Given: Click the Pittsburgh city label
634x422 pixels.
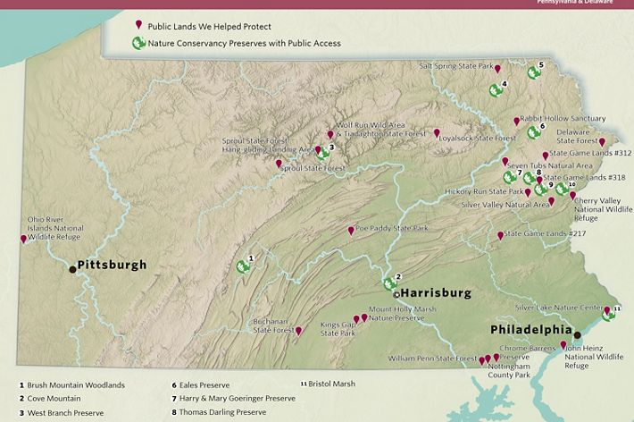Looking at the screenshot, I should [112, 265].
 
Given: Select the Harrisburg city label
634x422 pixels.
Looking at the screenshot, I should [435, 292].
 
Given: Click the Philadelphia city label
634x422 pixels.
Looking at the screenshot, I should [530, 329].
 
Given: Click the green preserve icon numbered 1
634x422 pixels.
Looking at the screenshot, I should [242, 266].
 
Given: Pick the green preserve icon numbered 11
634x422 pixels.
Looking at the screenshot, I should [607, 313].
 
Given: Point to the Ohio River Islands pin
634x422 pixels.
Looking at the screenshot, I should [23, 239].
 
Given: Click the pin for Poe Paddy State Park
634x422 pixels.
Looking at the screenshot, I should [351, 230].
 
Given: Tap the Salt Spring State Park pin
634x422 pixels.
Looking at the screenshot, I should [497, 68].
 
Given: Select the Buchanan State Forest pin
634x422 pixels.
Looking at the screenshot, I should [298, 331].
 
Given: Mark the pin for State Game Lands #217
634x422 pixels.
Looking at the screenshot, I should [500, 236].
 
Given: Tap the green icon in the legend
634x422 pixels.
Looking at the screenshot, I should [138, 42].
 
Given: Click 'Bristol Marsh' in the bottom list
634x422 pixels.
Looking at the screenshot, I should [330, 384].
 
